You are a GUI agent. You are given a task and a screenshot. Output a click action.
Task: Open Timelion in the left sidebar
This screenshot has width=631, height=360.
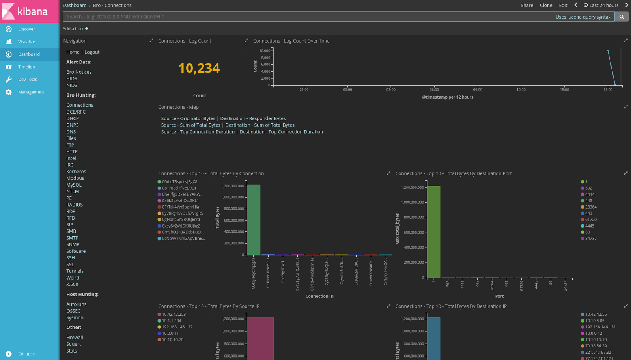tap(26, 67)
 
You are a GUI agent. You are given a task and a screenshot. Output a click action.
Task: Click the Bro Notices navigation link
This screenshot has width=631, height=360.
tap(79, 72)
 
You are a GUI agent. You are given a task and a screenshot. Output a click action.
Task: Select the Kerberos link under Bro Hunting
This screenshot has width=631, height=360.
tap(76, 172)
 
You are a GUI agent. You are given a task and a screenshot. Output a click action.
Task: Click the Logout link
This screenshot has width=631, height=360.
tap(92, 52)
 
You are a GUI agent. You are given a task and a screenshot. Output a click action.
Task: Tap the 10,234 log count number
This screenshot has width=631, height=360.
tap(199, 68)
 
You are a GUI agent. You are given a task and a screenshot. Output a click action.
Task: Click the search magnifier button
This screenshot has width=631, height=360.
tap(622, 17)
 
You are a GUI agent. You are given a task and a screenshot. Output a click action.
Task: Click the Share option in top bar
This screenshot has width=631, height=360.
tap(526, 5)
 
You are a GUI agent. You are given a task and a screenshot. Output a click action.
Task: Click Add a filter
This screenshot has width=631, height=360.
tap(75, 29)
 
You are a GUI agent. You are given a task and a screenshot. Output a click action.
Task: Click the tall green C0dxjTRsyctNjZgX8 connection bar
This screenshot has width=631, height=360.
tap(253, 219)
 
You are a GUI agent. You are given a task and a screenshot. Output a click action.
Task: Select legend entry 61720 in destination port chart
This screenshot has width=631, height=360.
tap(590, 220)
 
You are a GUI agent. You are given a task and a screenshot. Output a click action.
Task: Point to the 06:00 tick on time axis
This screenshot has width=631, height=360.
tap(434, 90)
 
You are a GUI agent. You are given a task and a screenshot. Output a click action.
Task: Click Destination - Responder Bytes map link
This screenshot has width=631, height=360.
tap(253, 119)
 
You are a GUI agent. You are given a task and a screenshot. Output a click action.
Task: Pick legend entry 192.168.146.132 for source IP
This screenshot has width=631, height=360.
tap(177, 327)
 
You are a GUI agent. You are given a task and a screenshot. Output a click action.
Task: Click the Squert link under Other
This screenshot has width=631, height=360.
tap(73, 344)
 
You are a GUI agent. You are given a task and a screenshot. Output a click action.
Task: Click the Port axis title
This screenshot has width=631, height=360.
tap(499, 296)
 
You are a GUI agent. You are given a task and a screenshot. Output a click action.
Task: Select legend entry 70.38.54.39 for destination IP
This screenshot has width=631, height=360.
tap(596, 346)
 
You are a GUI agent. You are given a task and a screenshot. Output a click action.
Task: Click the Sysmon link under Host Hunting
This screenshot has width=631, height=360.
tap(75, 318)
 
